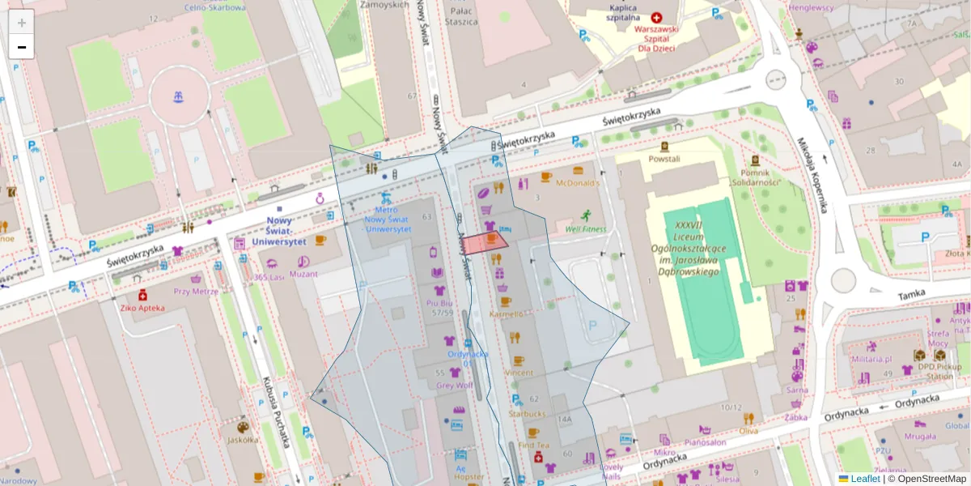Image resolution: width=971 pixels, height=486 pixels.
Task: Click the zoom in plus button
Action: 22,23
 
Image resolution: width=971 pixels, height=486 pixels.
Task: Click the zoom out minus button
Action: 22,47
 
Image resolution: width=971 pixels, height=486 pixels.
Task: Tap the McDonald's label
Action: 577,183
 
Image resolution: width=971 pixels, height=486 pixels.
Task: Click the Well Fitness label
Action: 585,229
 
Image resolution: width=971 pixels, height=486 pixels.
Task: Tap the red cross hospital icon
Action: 656,17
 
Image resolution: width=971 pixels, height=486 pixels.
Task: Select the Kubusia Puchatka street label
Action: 277,411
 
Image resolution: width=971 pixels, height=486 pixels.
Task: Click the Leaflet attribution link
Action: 865,479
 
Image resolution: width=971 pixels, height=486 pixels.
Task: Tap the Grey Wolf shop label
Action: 454,386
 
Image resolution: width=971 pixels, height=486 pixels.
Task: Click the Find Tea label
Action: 533,445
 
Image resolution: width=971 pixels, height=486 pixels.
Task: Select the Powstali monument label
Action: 664,159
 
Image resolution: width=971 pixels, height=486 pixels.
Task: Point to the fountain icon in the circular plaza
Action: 179,97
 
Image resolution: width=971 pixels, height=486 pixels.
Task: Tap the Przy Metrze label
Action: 196,291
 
